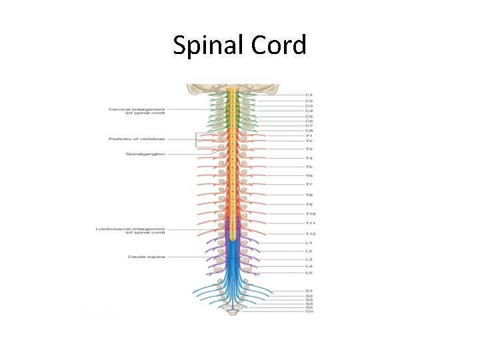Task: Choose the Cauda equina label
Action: pos(146,256)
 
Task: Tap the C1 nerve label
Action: pos(309,95)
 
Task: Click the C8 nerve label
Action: pos(309,131)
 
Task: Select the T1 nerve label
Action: pos(309,136)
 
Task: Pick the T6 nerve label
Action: pos(309,175)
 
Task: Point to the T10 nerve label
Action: pos(311,213)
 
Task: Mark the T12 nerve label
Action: pos(311,234)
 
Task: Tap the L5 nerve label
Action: pos(309,273)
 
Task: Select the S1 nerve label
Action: pos(309,291)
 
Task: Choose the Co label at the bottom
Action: pos(309,311)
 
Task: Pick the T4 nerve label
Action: pos(309,158)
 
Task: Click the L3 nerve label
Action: pos(309,259)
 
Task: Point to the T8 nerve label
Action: pos(309,195)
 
